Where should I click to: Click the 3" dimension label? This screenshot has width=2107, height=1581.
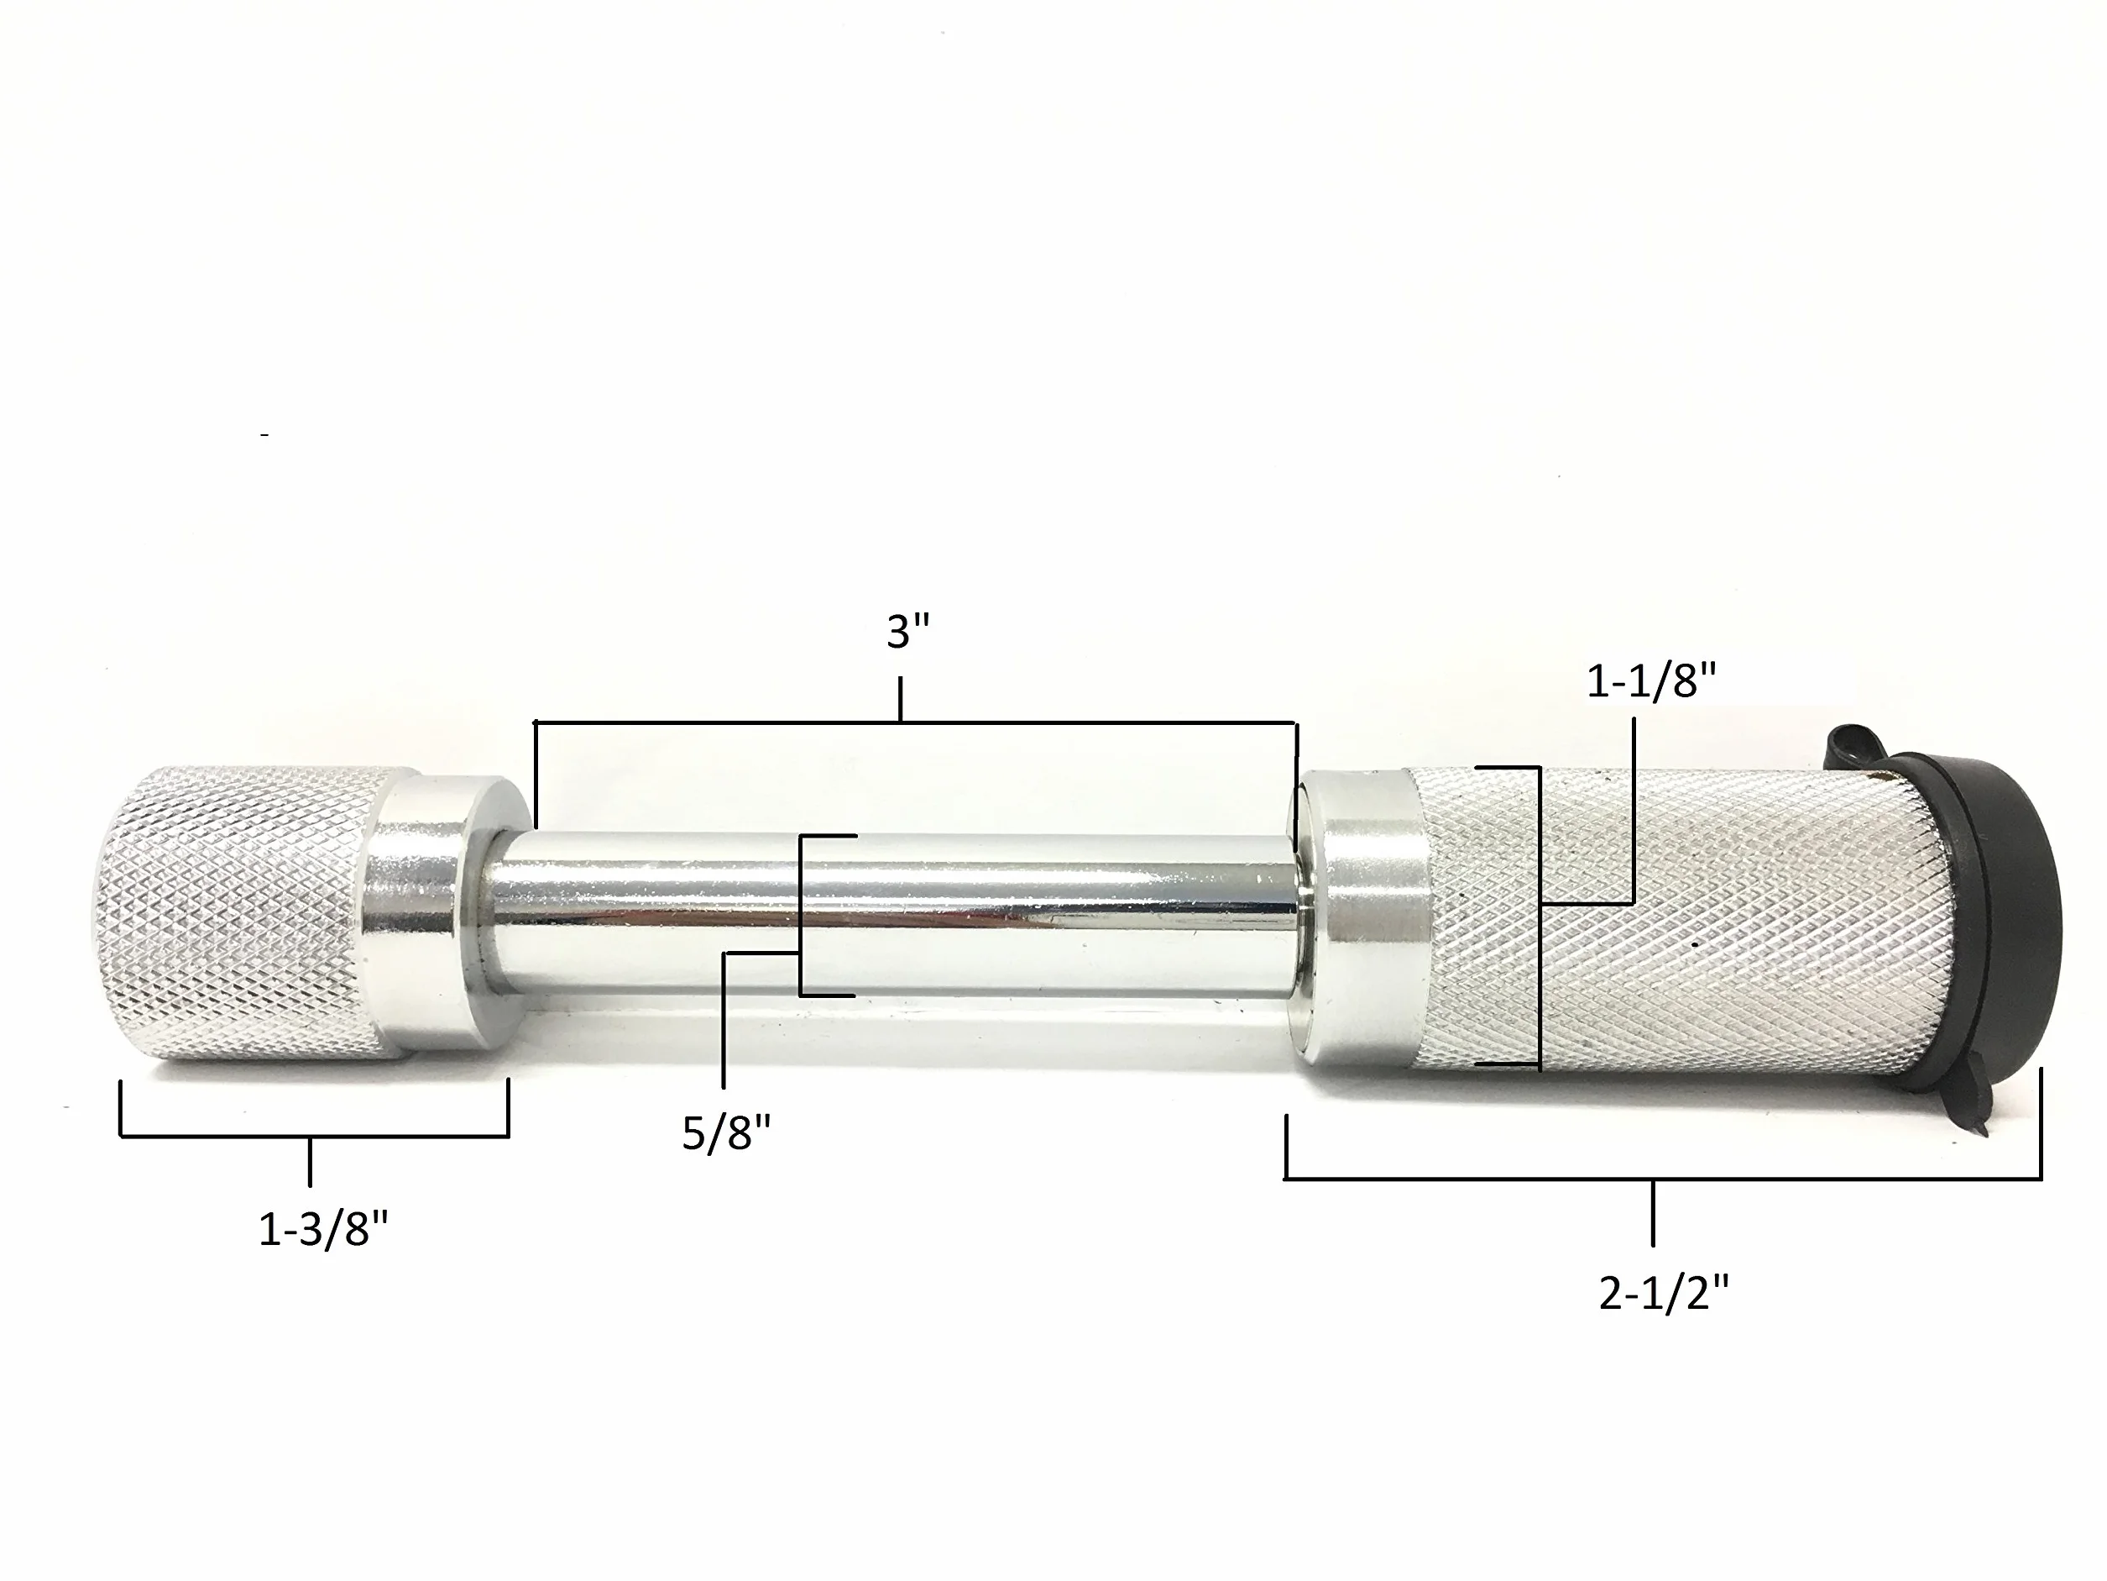tap(907, 633)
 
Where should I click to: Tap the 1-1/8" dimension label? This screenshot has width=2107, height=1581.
tap(1652, 682)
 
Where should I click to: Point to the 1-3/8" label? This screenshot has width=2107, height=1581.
tap(324, 1232)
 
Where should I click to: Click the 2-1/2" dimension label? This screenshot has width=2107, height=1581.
tap(1664, 1295)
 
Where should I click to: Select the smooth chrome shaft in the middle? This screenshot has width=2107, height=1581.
tap(896, 915)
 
